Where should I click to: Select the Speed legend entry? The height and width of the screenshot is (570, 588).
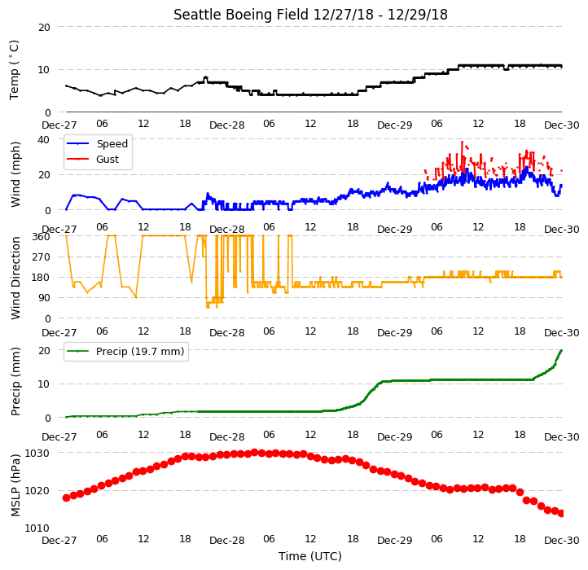[x=98, y=143]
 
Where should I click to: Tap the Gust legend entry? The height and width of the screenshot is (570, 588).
[x=93, y=159]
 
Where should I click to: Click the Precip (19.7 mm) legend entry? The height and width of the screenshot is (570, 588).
[x=125, y=352]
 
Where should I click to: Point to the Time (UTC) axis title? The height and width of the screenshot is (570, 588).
[x=310, y=555]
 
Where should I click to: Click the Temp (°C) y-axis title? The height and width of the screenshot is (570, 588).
[x=14, y=70]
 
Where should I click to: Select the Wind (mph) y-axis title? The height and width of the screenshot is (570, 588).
[x=15, y=174]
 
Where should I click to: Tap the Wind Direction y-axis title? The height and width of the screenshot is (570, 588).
[x=15, y=278]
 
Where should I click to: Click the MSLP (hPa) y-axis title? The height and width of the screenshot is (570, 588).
[x=15, y=485]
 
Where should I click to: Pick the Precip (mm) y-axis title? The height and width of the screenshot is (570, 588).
[x=15, y=382]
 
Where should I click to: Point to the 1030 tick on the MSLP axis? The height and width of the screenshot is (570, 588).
[x=37, y=453]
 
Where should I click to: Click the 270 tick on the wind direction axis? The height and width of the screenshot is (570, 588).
[x=42, y=257]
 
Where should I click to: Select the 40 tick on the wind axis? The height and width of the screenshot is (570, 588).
[x=43, y=139]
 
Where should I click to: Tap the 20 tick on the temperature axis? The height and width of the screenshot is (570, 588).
[x=44, y=27]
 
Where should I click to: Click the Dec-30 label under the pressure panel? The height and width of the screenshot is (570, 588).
[x=562, y=541]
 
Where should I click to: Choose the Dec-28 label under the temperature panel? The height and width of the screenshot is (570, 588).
[x=227, y=125]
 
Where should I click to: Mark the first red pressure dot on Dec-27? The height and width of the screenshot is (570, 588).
[x=67, y=498]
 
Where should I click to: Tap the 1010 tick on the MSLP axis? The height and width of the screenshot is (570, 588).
[x=37, y=528]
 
